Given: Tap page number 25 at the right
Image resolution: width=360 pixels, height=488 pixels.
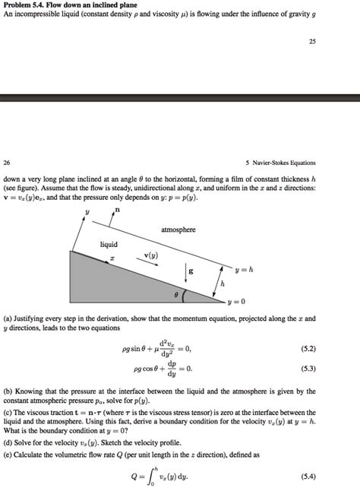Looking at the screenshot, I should pos(312,42).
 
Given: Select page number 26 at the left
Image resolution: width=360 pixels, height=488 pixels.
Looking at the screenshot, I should pos(7,162).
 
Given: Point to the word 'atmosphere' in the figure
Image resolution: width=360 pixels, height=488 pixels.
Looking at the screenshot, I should pos(178,229).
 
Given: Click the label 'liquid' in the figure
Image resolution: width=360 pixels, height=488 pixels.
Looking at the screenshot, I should pos(109,244).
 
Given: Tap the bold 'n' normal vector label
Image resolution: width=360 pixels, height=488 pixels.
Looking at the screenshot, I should pos(116,209).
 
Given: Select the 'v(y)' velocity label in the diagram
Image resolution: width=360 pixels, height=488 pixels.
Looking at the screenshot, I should pos(151,257).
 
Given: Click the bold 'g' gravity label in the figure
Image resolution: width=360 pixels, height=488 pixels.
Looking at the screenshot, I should pos(191,271).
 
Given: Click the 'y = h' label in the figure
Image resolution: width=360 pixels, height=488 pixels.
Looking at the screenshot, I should pos(243,269).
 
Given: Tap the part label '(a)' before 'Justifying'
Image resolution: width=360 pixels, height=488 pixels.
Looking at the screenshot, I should pos(8,319).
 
